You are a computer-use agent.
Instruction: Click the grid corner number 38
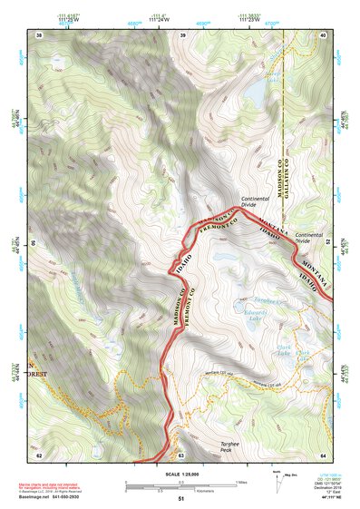39,34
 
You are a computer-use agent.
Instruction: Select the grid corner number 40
324,34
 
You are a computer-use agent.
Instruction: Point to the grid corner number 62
39,455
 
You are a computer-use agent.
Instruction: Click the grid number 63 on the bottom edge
181,455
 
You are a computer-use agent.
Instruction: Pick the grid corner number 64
324,455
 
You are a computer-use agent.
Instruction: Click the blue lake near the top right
257,89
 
